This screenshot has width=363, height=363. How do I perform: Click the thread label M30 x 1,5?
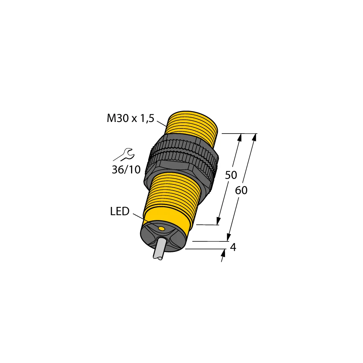(130, 118)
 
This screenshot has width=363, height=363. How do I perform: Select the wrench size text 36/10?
(126, 169)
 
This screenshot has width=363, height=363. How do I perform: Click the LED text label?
(120, 212)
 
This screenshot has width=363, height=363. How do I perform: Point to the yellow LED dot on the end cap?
(161, 228)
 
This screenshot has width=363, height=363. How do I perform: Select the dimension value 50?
(231, 175)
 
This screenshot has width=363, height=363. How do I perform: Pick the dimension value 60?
(241, 190)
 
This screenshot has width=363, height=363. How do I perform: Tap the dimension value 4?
(233, 247)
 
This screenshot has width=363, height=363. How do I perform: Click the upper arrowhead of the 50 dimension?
(240, 137)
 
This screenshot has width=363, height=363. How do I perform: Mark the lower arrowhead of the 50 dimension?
(219, 221)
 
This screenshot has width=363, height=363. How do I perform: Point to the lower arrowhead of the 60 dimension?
(229, 237)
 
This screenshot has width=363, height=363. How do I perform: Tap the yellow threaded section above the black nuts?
(192, 123)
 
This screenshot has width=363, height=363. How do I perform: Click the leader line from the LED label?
(145, 220)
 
